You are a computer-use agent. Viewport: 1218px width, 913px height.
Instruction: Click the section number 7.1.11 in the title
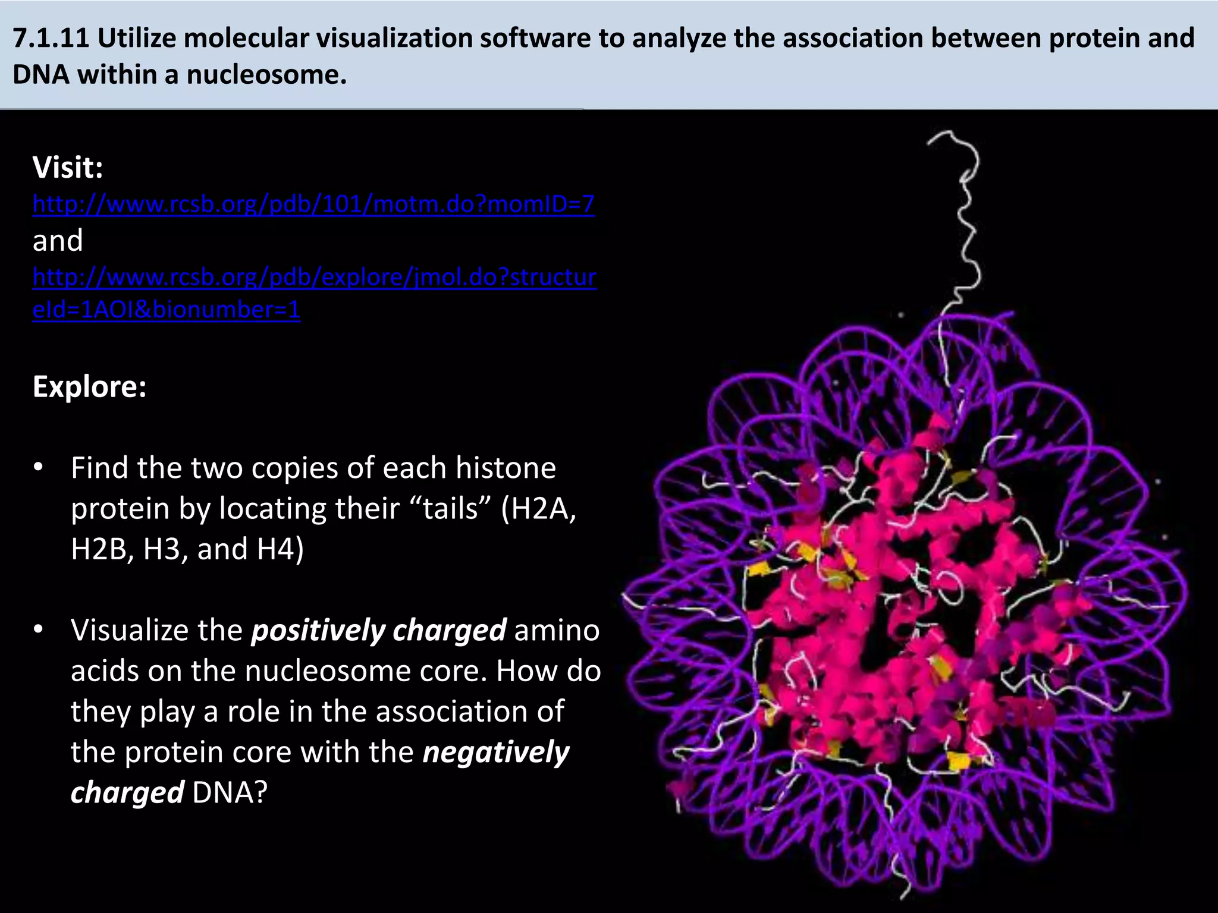[x=51, y=38]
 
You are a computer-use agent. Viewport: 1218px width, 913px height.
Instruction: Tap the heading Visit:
[x=68, y=168]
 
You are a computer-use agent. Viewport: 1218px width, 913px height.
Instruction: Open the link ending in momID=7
[x=313, y=204]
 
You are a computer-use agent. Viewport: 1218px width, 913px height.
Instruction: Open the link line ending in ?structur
[x=314, y=277]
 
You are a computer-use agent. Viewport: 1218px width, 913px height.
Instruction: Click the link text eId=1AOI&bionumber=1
[x=167, y=310]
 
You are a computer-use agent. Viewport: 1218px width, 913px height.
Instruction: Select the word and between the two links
[x=58, y=241]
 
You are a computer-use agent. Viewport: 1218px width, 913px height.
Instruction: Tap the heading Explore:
[x=89, y=386]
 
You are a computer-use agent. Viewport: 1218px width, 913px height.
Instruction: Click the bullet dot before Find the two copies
[x=39, y=468]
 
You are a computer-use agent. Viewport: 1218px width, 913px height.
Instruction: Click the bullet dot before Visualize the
[x=39, y=630]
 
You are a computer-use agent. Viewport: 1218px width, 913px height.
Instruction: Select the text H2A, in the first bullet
[x=539, y=509]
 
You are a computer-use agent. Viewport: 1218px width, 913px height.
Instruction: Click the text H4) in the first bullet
[x=280, y=549]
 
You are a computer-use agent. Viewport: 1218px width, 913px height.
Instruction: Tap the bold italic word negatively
[x=495, y=752]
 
